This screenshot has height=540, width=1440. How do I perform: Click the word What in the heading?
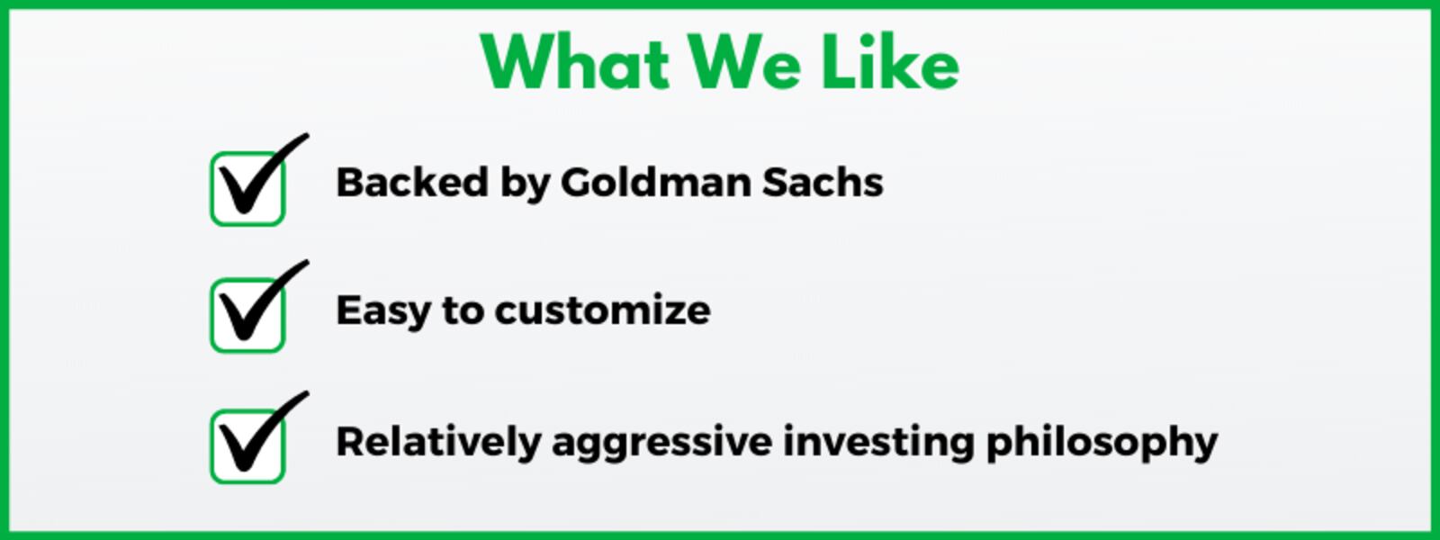click(x=575, y=63)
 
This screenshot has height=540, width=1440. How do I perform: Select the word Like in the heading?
click(x=890, y=63)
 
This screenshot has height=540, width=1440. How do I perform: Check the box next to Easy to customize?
click(x=247, y=316)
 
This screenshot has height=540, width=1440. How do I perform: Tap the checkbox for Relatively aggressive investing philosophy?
click(x=247, y=446)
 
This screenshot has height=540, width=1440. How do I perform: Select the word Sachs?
click(x=823, y=183)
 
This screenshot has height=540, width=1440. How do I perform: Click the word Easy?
click(x=382, y=311)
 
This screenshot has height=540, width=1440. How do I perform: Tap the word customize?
click(x=602, y=311)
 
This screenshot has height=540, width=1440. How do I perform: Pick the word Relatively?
click(x=437, y=442)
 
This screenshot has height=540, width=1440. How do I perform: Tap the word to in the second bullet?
click(x=463, y=311)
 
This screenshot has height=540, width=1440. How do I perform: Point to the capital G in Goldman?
click(x=579, y=183)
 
